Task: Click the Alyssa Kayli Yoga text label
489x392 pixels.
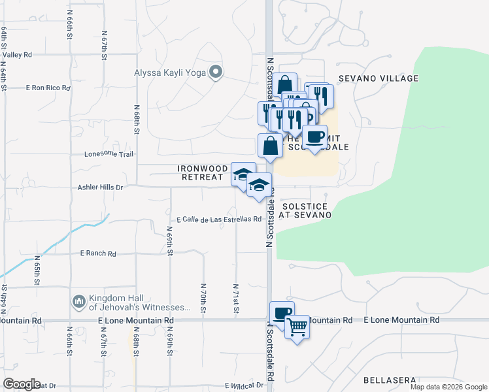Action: pos(170,73)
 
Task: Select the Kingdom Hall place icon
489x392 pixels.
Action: pos(78,301)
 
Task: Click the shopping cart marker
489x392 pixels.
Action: pos(297,325)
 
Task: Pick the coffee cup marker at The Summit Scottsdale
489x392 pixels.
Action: pos(314,137)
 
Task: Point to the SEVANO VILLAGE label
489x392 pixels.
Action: pos(378,78)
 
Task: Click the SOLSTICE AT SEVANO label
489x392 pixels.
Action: pos(305,210)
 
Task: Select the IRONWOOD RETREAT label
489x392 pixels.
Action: pos(203,172)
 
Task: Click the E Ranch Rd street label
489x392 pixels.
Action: pos(97,253)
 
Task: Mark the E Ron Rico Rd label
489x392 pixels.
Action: pos(48,87)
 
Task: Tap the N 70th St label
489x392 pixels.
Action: pos(203,296)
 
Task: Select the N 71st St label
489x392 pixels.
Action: pos(235,296)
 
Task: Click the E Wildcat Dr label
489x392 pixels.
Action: pos(244,385)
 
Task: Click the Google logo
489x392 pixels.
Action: pos(22,384)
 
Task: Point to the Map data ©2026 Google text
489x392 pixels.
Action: pos(448,387)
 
